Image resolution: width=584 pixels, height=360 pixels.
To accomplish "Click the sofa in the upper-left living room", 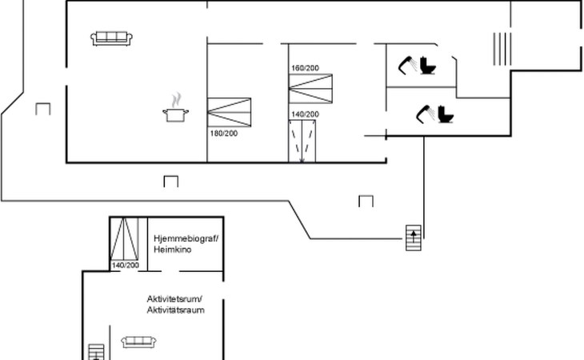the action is tap(111, 38).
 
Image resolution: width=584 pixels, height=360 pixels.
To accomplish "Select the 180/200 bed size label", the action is tap(223, 134).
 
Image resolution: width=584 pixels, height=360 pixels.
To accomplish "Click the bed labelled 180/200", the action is tap(229, 112).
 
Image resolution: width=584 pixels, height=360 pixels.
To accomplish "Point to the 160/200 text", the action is tap(305, 68).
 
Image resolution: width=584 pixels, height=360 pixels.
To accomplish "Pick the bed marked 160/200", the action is tap(310, 89).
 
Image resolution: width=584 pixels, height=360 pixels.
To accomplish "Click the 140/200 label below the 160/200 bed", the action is tap(305, 114).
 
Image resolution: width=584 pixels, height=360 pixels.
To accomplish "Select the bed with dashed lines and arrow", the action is tap(302, 141).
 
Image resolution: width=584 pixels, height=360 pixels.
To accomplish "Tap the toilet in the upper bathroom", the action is tap(428, 65).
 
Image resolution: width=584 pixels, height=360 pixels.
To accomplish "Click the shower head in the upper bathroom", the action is tap(406, 66).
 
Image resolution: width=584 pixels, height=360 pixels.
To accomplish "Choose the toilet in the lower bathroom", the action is tap(446, 114).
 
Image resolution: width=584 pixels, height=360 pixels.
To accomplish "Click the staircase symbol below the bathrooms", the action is tap(414, 238).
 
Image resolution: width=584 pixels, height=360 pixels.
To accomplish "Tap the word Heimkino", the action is tap(173, 250).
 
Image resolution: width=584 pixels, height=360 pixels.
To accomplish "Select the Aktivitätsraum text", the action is tap(175, 310).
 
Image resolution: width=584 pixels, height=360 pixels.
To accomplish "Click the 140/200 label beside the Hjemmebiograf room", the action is tap(125, 265).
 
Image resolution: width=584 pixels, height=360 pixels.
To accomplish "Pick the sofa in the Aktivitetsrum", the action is tap(138, 342).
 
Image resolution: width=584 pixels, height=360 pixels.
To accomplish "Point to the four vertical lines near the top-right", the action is tap(502, 49).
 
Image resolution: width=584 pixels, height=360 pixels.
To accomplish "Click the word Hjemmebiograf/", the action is tap(186, 238).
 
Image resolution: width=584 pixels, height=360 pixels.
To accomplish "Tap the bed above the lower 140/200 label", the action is tap(124, 239).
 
